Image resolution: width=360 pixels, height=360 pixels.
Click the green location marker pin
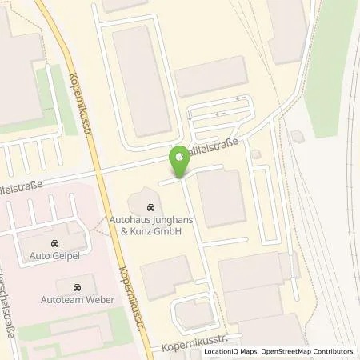pyautogui.click(x=179, y=162)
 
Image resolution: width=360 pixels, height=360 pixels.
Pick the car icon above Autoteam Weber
pyautogui.click(x=76, y=286)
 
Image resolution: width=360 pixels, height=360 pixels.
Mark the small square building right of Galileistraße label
pyautogui.click(x=255, y=153)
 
